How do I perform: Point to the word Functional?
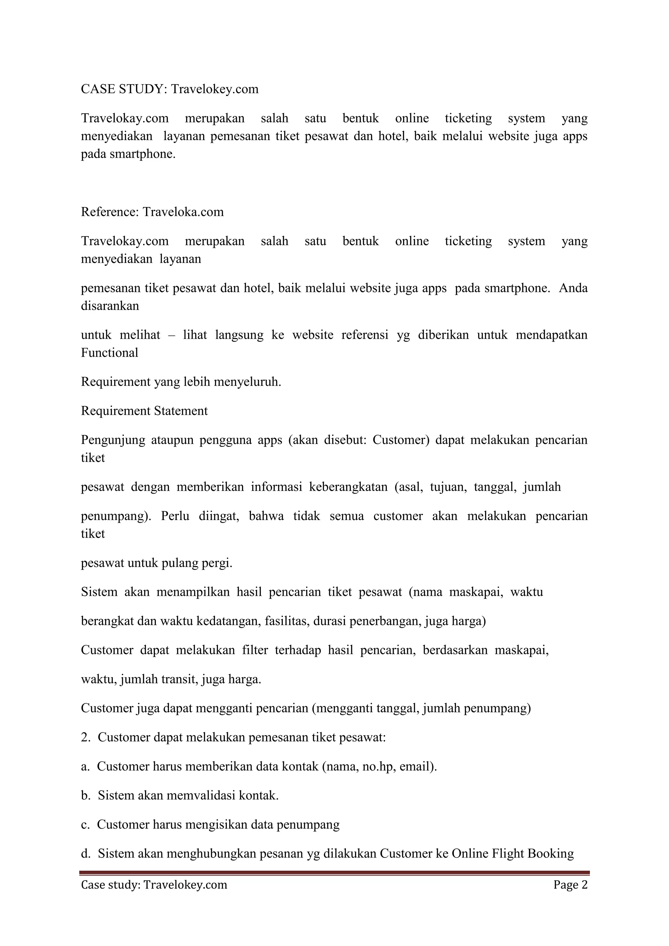[x=109, y=353]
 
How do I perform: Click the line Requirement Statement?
[x=144, y=411]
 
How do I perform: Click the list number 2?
[x=85, y=738]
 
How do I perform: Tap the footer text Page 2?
[x=570, y=885]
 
